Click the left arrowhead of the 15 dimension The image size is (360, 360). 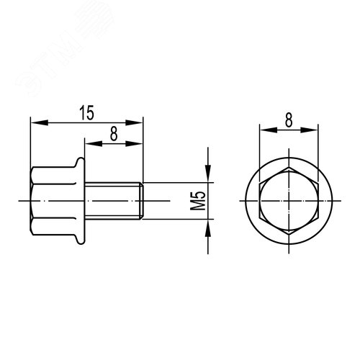34,122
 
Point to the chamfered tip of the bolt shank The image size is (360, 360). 140,199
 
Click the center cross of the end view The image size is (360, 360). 288,199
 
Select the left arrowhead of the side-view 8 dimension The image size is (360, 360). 90,143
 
